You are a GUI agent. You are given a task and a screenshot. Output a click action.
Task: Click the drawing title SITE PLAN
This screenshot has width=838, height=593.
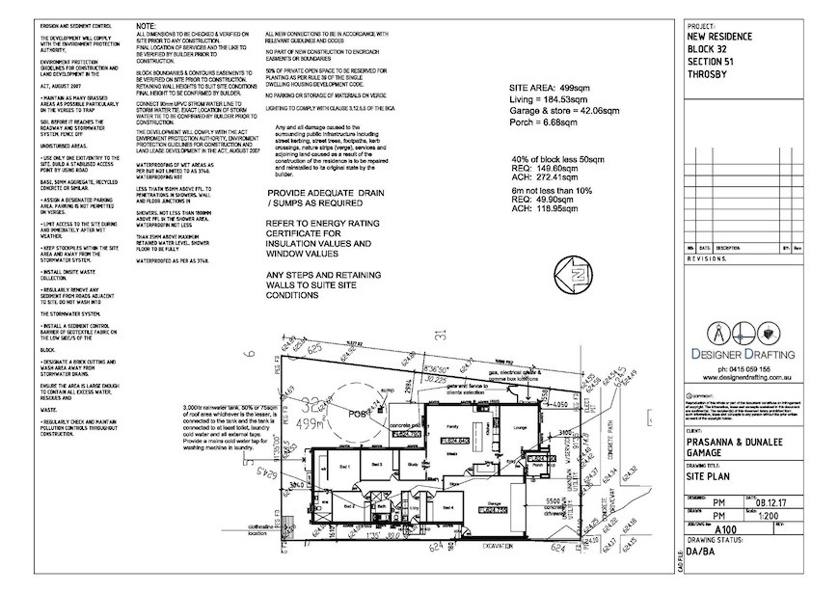tap(710, 476)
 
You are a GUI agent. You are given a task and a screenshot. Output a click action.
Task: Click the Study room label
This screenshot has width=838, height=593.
tap(410, 464)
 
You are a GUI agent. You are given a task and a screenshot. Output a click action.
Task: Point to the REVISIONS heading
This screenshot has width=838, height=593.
tap(710, 259)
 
